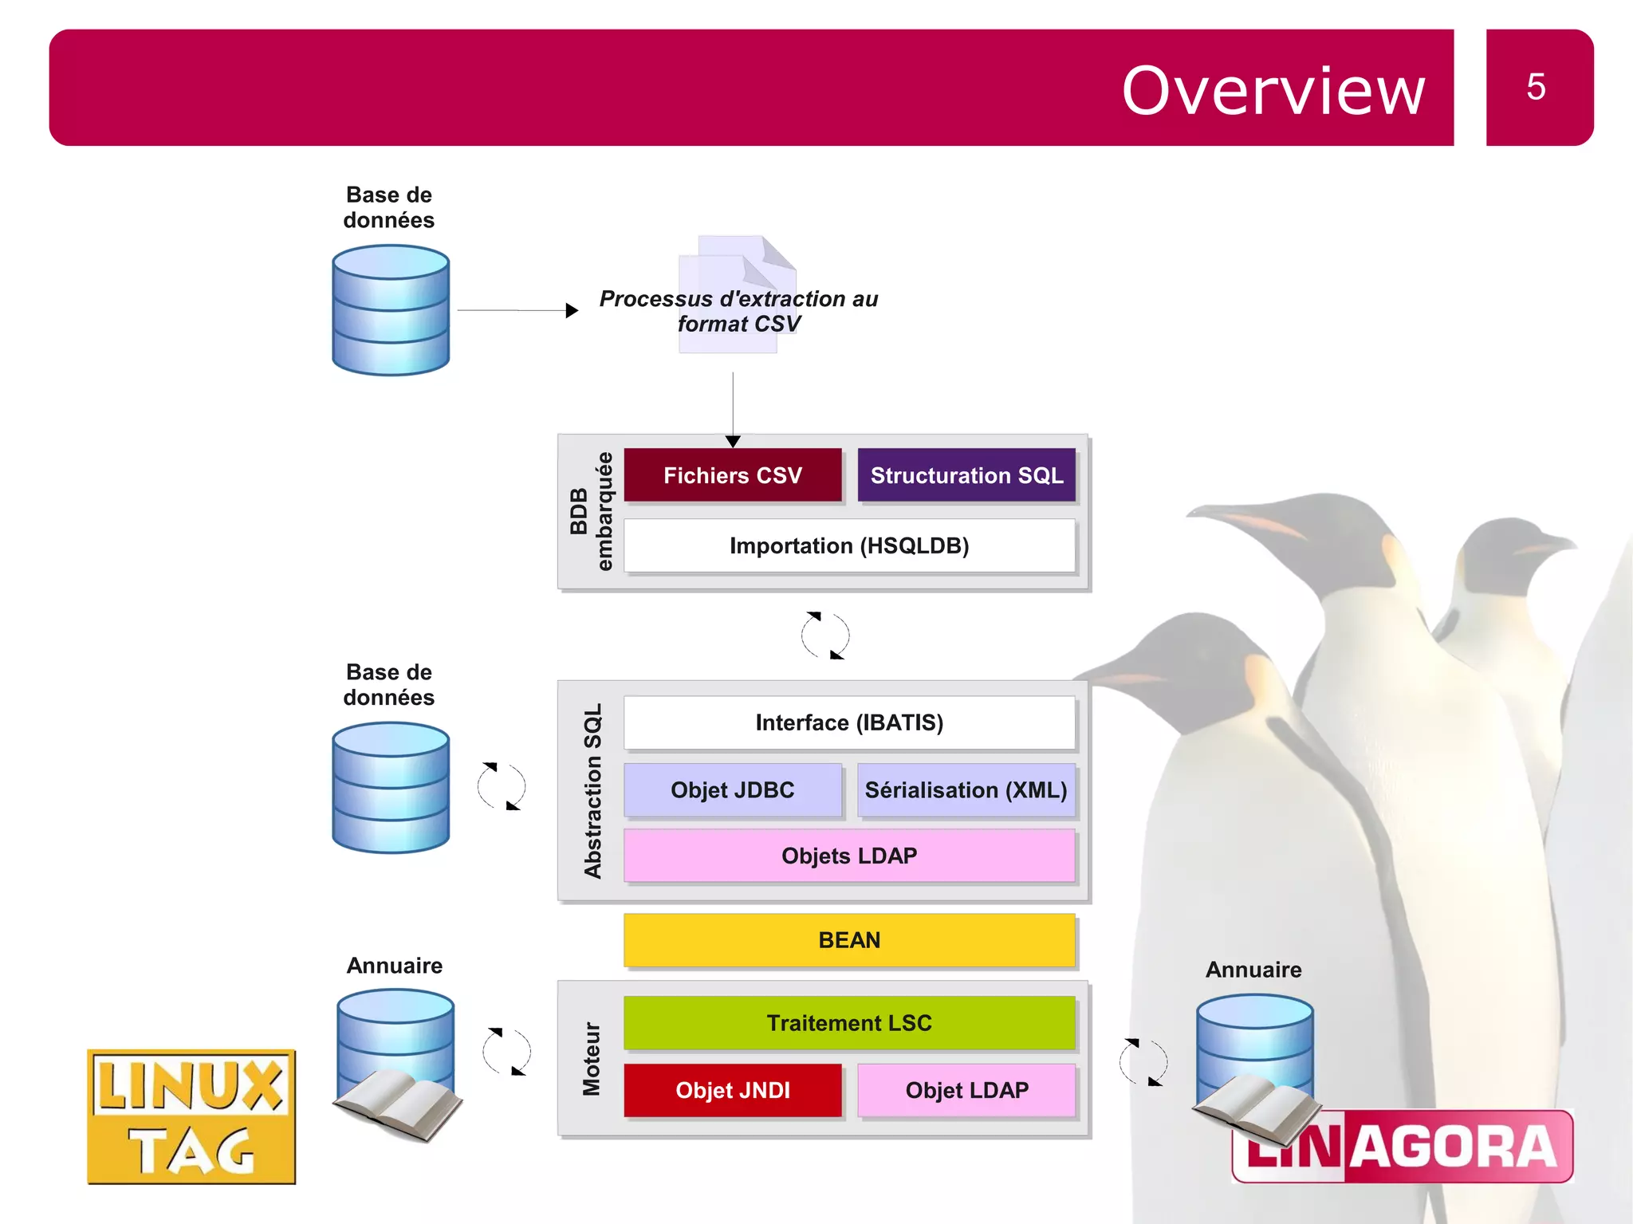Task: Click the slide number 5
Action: pyautogui.click(x=1536, y=87)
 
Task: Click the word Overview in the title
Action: pyautogui.click(x=1273, y=91)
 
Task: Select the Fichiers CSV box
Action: pyautogui.click(x=732, y=475)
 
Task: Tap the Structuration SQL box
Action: pyautogui.click(x=966, y=475)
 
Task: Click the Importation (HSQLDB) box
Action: pyautogui.click(x=849, y=545)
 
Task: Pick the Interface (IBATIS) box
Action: pyautogui.click(x=849, y=722)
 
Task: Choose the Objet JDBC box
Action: pyautogui.click(x=732, y=790)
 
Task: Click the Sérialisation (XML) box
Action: pyautogui.click(x=966, y=790)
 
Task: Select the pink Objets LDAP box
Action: pyautogui.click(x=849, y=856)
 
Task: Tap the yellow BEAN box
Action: pyautogui.click(x=849, y=940)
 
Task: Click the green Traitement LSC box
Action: pyautogui.click(x=849, y=1023)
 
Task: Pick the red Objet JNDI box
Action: pyautogui.click(x=732, y=1090)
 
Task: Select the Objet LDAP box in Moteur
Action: pyautogui.click(x=966, y=1090)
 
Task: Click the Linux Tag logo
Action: pyautogui.click(x=191, y=1116)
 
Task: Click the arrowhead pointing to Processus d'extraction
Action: pyautogui.click(x=572, y=310)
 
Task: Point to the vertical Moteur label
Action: pyautogui.click(x=591, y=1059)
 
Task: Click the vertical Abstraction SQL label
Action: pyautogui.click(x=592, y=791)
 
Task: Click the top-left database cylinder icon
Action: pyautogui.click(x=391, y=310)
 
